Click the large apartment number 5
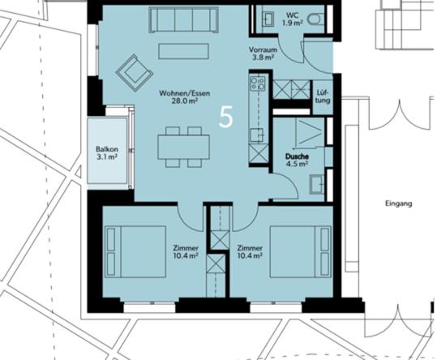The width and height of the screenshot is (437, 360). [x=226, y=117]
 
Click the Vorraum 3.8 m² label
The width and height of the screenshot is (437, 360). [x=263, y=54]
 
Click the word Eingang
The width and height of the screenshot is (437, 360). [x=400, y=204]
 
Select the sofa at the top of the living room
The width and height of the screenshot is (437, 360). [x=182, y=20]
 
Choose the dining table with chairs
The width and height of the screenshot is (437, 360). [x=183, y=146]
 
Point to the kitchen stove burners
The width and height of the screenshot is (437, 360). [x=259, y=84]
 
